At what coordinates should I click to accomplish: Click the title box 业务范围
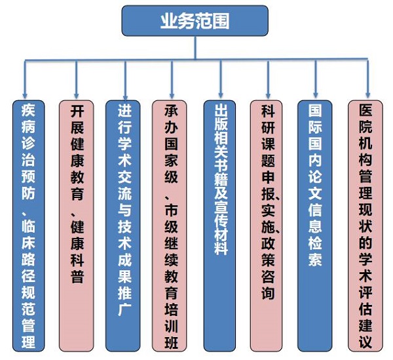[x=195, y=20]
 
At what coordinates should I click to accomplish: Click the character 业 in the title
[x=168, y=20]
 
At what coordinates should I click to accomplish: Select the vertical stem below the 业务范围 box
[x=195, y=48]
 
